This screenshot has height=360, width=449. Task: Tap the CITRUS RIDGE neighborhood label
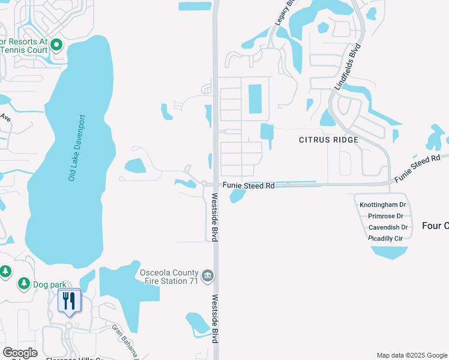(328, 140)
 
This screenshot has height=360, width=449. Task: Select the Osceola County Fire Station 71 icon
(208, 276)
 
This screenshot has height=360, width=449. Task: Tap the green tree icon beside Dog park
(24, 283)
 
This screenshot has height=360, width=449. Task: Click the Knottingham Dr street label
(383, 205)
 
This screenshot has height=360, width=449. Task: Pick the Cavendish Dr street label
(388, 227)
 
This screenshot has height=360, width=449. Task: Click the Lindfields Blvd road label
(346, 67)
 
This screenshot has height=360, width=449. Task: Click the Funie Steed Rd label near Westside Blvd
(249, 186)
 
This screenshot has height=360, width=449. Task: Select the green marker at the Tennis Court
(57, 44)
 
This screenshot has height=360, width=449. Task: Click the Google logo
(20, 353)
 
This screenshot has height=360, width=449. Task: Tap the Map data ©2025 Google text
(411, 355)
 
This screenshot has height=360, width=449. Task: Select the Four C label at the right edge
(435, 226)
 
